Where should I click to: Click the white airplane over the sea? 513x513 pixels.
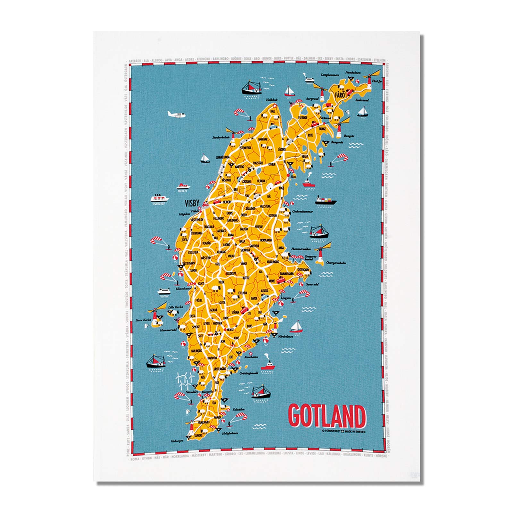click(176, 114)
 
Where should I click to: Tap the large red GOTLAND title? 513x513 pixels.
click(327, 416)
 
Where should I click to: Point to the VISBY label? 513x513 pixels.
click(192, 203)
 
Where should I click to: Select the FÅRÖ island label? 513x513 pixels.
click(339, 95)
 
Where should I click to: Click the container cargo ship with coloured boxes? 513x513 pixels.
click(325, 201)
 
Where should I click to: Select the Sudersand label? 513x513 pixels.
click(362, 100)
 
